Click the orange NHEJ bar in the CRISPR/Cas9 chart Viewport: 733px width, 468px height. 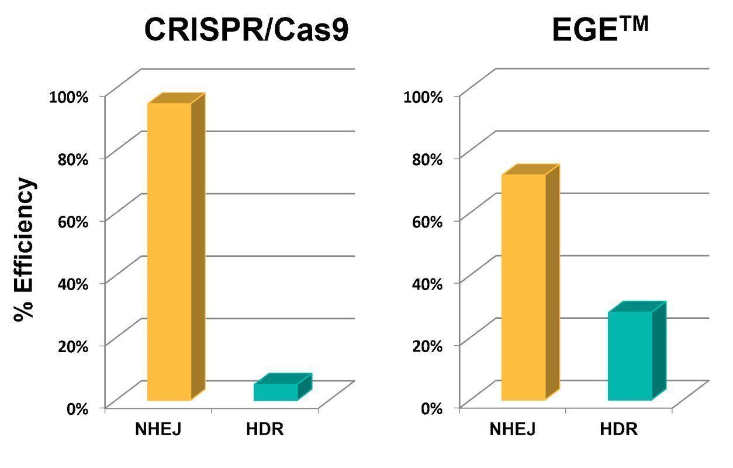[170, 252]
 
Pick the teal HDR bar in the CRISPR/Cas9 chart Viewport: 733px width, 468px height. [275, 392]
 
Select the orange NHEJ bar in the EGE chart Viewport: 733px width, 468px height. [524, 287]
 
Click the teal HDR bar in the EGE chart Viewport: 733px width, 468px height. [630, 355]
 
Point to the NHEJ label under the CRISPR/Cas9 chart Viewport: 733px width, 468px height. [158, 429]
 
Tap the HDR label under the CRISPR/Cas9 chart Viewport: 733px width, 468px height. [264, 429]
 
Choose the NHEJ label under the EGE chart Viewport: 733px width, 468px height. [513, 429]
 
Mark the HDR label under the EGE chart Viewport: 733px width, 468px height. [619, 429]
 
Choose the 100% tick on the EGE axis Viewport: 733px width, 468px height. [422, 96]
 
